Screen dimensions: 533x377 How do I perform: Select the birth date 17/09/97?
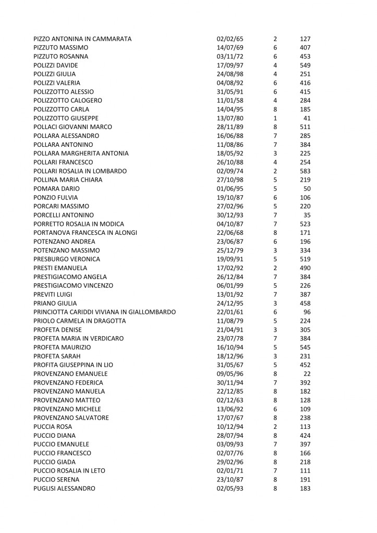click(x=229, y=65)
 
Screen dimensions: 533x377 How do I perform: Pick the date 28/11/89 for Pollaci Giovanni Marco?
click(x=229, y=127)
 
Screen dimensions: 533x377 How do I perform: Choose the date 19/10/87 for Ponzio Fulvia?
click(x=229, y=198)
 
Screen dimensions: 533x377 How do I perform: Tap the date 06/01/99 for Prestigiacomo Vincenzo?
click(x=229, y=286)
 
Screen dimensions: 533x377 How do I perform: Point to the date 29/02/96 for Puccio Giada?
click(x=229, y=463)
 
